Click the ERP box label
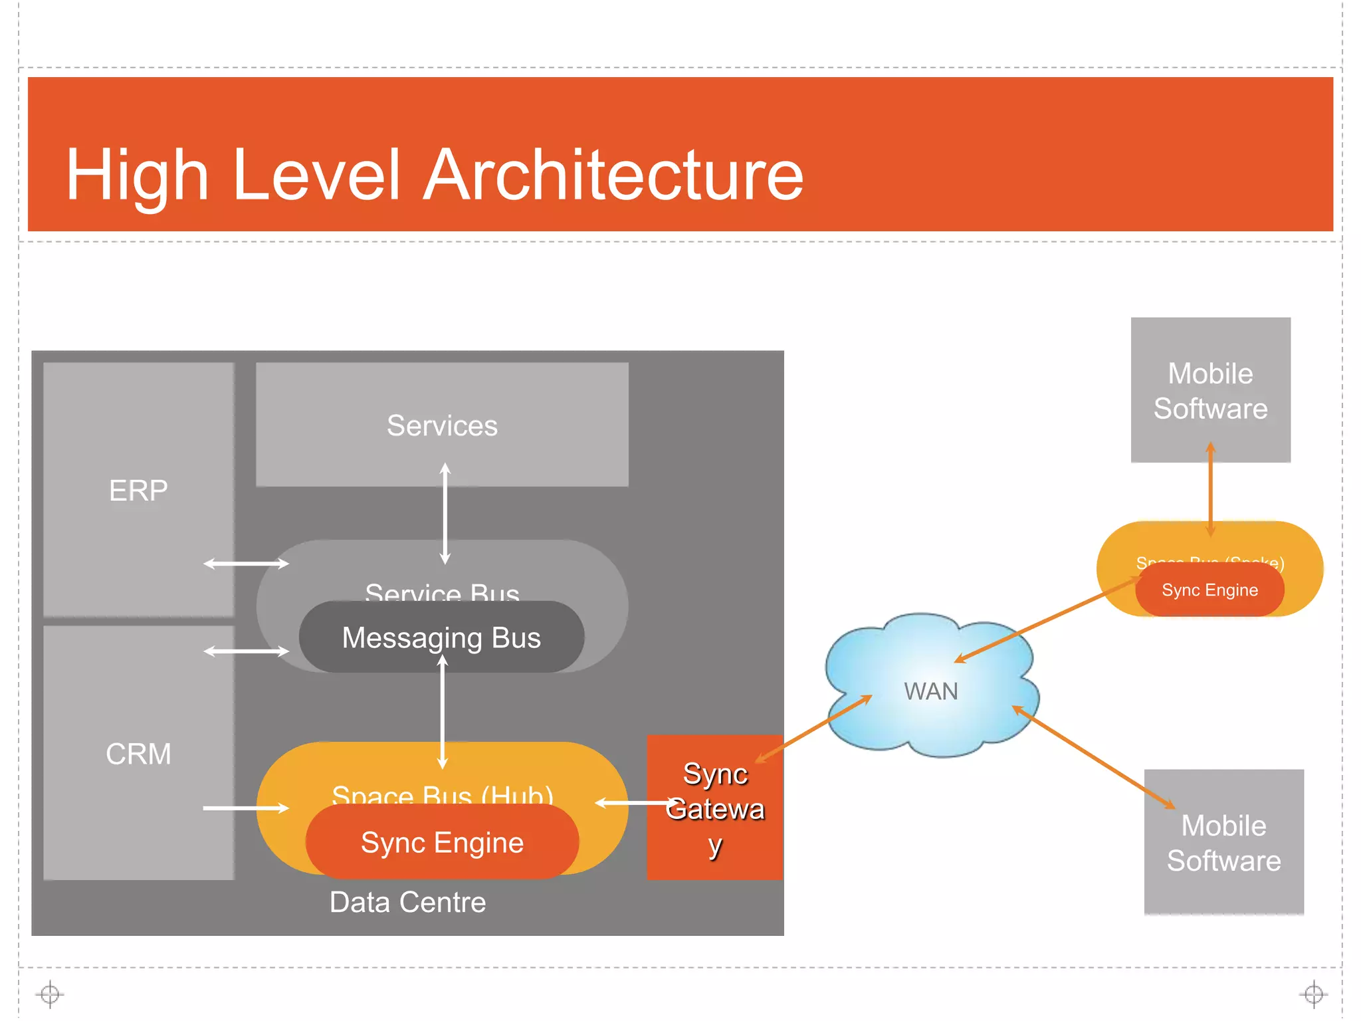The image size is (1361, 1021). [x=138, y=491]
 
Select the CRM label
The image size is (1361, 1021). [x=138, y=754]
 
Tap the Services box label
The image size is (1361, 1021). [x=442, y=425]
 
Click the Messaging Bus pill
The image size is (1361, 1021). [x=441, y=637]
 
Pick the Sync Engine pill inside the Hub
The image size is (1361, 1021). [x=442, y=842]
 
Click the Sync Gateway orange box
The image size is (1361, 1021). [x=715, y=808]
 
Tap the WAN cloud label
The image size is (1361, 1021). [x=930, y=691]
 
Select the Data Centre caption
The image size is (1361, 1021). [x=407, y=902]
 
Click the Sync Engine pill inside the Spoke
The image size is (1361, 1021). [x=1209, y=590]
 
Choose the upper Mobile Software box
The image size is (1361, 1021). [x=1210, y=391]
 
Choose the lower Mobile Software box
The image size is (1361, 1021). [x=1223, y=843]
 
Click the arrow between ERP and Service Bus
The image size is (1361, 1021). [x=246, y=564]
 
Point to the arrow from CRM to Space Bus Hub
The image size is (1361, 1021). [x=246, y=808]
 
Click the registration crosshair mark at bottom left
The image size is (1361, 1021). [x=50, y=994]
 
